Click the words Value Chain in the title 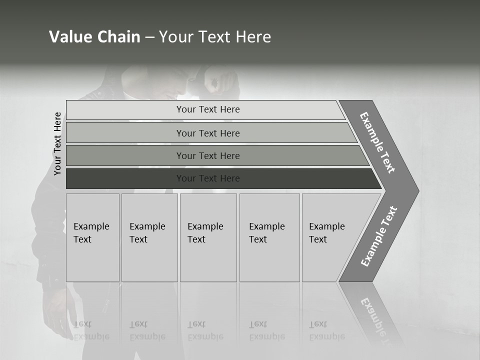point(94,37)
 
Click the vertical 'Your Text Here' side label point(57,143)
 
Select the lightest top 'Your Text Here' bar point(208,109)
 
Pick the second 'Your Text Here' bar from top point(208,133)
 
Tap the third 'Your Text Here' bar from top point(208,155)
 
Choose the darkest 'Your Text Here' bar point(208,178)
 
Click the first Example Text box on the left point(92,237)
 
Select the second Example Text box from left point(149,237)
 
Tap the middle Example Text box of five point(208,237)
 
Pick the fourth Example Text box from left point(269,237)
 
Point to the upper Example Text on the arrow point(377,142)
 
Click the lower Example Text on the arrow point(379,236)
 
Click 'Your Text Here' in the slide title point(215,37)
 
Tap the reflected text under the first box point(91,330)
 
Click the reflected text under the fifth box point(327,330)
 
